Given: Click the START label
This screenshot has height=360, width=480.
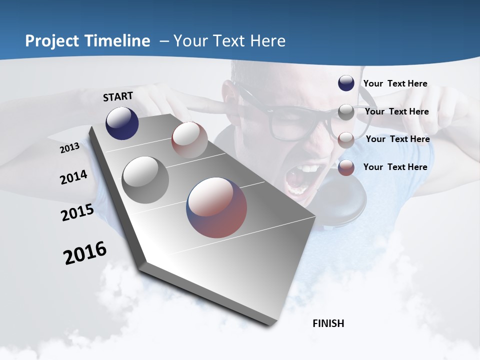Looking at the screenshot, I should coord(118,96).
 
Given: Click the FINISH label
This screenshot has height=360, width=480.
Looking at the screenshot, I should coord(328,323).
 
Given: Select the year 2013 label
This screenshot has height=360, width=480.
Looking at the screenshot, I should coord(70,147).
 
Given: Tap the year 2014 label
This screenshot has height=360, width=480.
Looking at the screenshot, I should coord(74,177).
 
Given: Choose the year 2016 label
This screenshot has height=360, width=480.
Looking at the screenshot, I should coord(85,253).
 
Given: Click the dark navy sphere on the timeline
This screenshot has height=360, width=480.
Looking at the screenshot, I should coord(122,123).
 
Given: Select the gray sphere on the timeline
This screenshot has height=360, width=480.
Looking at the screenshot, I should coord(145,180).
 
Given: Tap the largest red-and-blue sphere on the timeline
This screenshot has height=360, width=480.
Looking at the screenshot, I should coord(216,207).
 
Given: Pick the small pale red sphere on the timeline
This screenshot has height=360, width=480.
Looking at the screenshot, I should coord(189,139).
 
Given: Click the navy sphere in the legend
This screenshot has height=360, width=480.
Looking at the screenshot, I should coord(346,83).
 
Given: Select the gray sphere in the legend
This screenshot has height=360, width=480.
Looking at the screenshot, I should coord(346,112).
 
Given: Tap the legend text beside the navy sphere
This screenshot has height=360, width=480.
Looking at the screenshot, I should coord(395,83).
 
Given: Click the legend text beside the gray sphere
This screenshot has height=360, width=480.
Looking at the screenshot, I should coord(396,111).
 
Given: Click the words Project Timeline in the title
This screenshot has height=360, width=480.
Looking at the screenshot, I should coord(87,41).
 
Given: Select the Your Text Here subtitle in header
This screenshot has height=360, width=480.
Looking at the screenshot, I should coord(229,41).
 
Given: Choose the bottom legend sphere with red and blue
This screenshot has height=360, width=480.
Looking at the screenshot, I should coord(346,167).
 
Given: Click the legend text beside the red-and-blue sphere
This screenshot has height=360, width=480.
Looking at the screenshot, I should coord(395,167).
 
